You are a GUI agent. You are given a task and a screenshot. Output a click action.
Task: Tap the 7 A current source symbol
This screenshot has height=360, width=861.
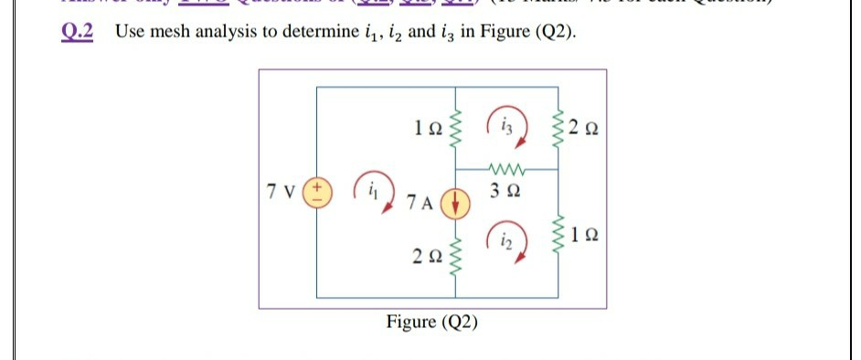(x=455, y=201)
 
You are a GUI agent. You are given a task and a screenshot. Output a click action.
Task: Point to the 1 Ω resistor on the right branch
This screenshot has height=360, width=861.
(x=558, y=240)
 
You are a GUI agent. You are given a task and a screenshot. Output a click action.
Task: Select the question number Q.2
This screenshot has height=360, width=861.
(x=81, y=32)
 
